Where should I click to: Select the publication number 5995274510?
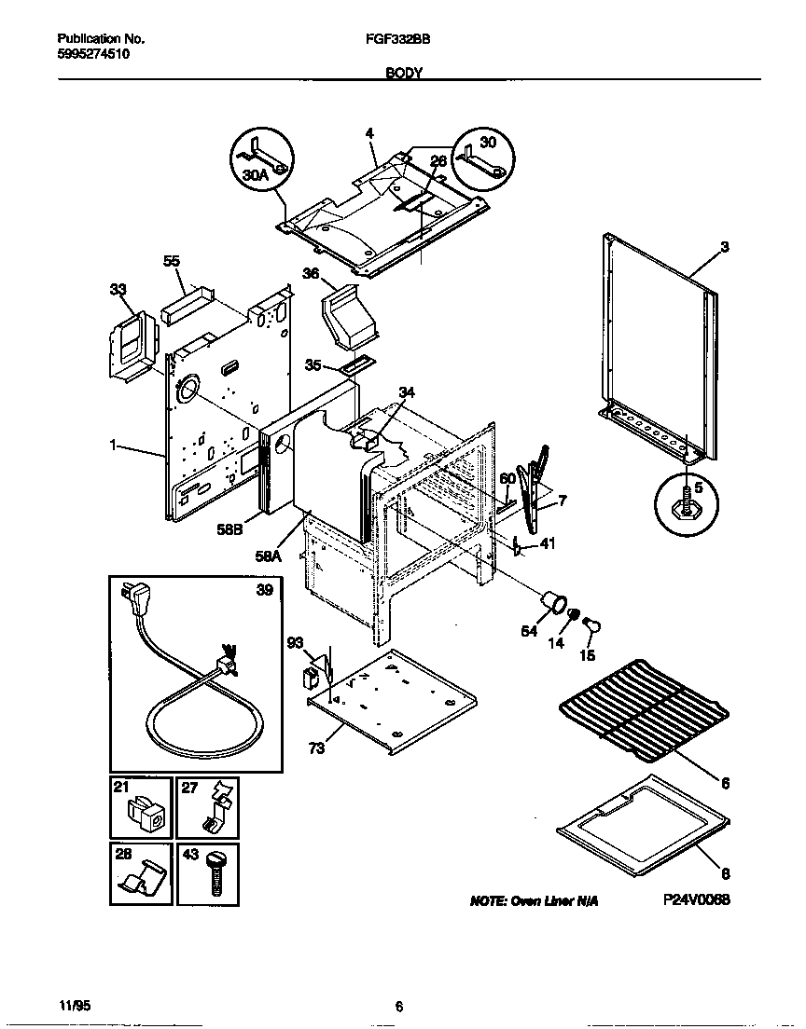pos(93,54)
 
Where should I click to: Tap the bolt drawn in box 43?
pos(215,874)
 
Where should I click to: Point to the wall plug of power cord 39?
pos(132,598)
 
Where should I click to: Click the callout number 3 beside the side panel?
pos(725,247)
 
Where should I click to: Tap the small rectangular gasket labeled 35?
pos(355,366)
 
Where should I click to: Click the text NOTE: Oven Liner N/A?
pos(534,901)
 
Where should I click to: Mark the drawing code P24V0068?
pos(696,900)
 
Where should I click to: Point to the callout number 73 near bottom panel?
pos(316,748)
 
